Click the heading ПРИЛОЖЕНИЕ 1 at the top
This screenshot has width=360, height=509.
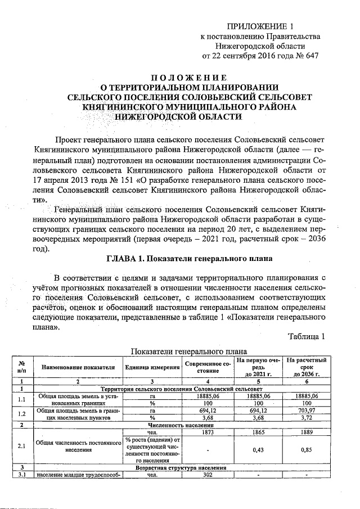pyautogui.click(x=260, y=26)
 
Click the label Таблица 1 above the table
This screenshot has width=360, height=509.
pyautogui.click(x=307, y=337)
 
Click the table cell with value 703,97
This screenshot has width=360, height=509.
pyautogui.click(x=307, y=411)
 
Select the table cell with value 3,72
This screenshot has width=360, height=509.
pyautogui.click(x=307, y=419)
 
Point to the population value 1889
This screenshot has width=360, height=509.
pyautogui.click(x=307, y=433)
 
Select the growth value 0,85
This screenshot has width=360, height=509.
pyautogui.click(x=307, y=451)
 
